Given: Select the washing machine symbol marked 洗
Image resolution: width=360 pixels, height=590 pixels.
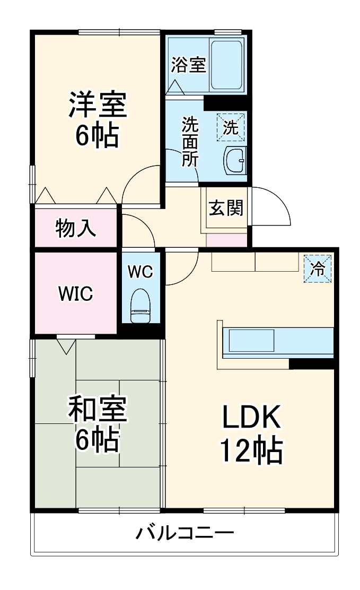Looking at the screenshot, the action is tap(230, 127).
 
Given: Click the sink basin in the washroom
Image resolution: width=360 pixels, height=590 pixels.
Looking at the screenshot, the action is tap(235, 160).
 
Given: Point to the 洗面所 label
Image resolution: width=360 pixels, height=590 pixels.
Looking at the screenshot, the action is tap(189, 142).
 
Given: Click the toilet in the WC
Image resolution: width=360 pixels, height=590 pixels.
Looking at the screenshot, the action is tap(141, 306).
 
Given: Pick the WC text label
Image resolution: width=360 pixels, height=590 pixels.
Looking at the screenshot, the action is tap(140, 272).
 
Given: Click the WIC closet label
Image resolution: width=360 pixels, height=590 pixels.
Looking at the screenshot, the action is tap(76, 293).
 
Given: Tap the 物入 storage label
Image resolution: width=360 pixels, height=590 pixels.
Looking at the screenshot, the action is tap(76, 228).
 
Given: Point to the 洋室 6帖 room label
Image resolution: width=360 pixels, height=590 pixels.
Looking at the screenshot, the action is tap(97, 120).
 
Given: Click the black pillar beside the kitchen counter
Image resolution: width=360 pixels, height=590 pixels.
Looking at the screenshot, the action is tap(311, 363).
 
